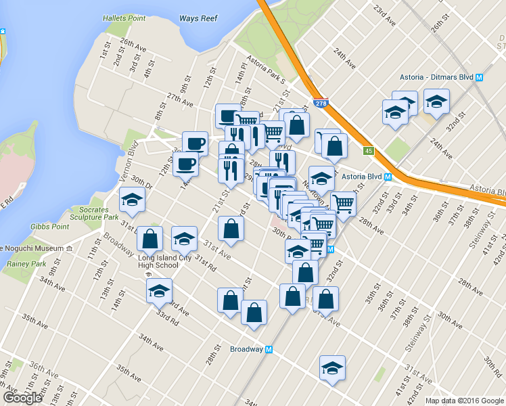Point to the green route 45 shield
point(368,151)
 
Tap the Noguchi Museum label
point(32,248)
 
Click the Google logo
point(22,398)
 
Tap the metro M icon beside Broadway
point(269,349)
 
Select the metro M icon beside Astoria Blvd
point(388,177)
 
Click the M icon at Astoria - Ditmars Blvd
point(479,77)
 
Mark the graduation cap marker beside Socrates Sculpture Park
point(132,200)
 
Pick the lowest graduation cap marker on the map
point(332,368)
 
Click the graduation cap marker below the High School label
point(160,291)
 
